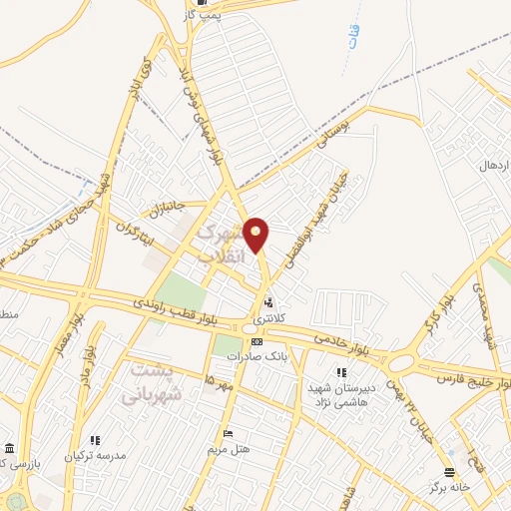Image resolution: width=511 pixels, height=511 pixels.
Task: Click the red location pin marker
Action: [256, 235]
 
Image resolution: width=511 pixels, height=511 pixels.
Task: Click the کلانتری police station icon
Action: [267, 302]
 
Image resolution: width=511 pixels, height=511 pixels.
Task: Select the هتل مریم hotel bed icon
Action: [229, 435]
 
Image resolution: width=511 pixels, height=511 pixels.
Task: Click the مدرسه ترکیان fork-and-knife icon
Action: [96, 439]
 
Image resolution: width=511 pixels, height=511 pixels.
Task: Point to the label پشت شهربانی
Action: [155, 380]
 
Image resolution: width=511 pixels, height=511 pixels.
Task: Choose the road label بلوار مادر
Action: [89, 355]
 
